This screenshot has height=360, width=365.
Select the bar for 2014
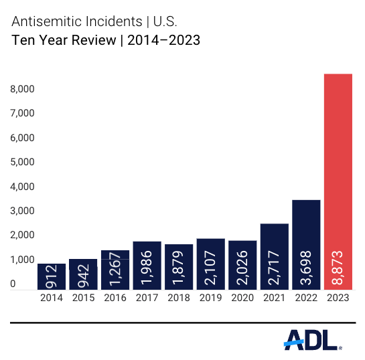[52, 276]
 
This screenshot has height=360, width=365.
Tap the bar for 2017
[147, 265]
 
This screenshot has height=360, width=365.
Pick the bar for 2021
[274, 256]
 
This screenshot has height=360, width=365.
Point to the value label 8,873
[338, 266]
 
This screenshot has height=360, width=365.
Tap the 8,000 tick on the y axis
[22, 89]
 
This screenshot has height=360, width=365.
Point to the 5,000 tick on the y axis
[22, 162]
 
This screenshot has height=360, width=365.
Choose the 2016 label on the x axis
[115, 296]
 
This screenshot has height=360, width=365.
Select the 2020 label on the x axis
[242, 296]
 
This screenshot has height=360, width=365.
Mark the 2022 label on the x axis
[305, 296]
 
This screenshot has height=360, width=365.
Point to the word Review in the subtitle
[87, 41]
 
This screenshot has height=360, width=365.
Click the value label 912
[52, 276]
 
